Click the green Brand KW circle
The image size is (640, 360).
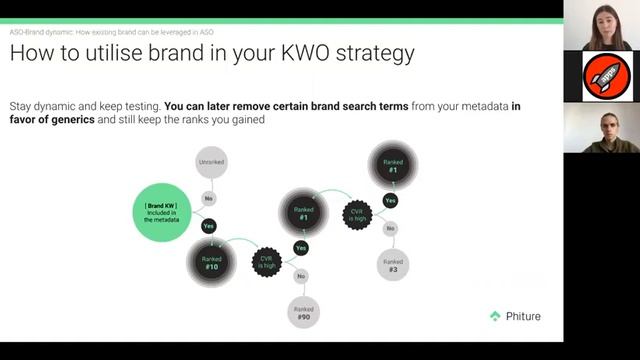pos(168,211)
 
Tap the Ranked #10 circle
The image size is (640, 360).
pos(212,262)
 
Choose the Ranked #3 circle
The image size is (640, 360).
pos(392,264)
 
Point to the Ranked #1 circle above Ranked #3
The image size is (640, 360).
pos(393,163)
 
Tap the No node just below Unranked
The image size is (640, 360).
pos(209,197)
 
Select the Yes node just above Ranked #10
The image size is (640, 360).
pos(209,226)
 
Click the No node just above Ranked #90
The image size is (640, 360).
pos(301,276)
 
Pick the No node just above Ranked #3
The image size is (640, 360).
pos(390,228)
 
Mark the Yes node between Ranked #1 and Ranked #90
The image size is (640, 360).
pos(301,247)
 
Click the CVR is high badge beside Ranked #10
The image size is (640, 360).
pos(267,262)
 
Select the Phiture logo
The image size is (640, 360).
pos(515,316)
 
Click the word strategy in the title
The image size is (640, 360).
pos(372,54)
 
